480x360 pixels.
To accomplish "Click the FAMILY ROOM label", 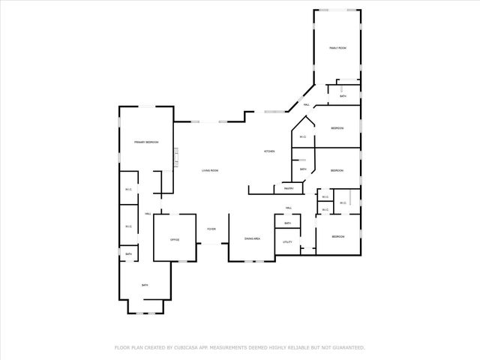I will pos(337,48).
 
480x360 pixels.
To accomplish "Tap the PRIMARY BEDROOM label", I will pos(146,142).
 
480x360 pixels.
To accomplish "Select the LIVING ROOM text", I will pos(210,170).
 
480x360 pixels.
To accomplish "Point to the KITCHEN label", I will pos(268,151).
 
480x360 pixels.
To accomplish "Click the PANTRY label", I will pos(288,188).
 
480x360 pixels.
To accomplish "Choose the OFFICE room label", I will pos(174,239).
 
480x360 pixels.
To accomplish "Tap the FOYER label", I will pos(212,229).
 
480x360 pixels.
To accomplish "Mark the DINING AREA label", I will pos(252,238).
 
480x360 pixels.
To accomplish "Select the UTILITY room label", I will pos(287,241).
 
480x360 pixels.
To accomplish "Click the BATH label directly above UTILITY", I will pos(287,223).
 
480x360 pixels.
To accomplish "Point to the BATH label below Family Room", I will pos(343,96).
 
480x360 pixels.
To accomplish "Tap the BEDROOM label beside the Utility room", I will pos(337,237).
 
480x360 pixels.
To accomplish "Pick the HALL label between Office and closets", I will pos(148,214).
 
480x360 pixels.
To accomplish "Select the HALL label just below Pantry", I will pos(288,208).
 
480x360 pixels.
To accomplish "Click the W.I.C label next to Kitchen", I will pos(302,136).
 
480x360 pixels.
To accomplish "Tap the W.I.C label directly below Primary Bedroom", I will pos(128,189).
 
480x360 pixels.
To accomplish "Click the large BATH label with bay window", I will pos(145,285).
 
